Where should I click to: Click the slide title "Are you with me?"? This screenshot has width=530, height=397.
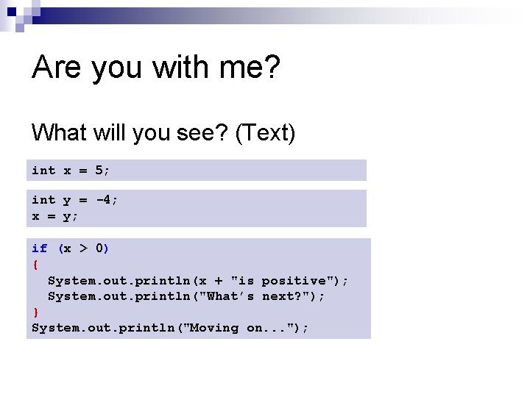pos(156,68)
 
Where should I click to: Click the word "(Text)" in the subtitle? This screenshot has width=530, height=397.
pos(265,133)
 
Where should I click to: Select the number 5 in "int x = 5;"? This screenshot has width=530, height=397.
pos(99,171)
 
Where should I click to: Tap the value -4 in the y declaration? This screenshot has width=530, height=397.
pos(103,200)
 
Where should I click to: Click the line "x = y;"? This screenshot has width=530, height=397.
pos(55,216)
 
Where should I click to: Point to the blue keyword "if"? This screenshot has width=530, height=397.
pos(40,248)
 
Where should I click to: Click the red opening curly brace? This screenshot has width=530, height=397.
pos(35,265)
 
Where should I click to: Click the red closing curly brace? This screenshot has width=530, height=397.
pos(35,312)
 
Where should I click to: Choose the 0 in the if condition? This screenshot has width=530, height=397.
pos(99,248)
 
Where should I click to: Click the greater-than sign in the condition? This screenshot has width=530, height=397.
pos(83,248)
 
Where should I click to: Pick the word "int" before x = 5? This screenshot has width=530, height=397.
pos(43,171)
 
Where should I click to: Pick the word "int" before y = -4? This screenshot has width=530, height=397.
pos(43,200)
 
